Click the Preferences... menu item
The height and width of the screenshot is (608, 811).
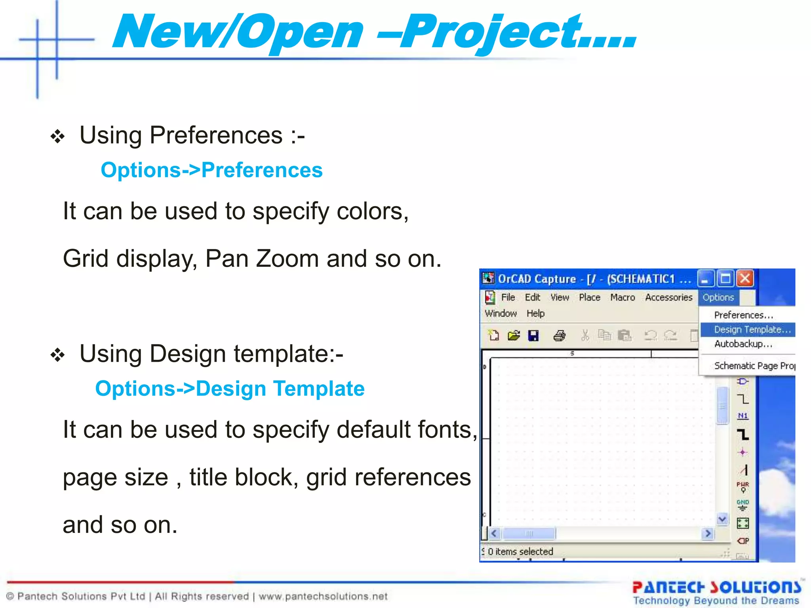point(743,315)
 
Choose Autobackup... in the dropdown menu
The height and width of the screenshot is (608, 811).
point(743,344)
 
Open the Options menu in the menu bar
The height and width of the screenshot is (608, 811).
point(718,297)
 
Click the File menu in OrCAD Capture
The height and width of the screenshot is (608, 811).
point(508,297)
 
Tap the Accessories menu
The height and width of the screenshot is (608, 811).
point(668,297)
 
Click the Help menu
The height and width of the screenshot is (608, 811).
point(535,313)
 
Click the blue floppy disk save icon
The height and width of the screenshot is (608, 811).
point(533,336)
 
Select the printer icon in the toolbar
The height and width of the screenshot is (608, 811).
point(559,336)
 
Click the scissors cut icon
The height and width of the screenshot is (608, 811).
point(585,336)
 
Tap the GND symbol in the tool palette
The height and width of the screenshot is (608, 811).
point(742,505)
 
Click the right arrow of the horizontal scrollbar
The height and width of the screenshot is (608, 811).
point(708,534)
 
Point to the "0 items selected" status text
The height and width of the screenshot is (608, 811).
point(520,551)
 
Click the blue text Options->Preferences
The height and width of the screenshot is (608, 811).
point(211,170)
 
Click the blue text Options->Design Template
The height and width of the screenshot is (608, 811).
point(230,389)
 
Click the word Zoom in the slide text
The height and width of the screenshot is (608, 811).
point(287,259)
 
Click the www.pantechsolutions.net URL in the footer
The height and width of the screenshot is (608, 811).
point(323,596)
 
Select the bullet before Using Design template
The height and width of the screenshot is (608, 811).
point(58,355)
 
